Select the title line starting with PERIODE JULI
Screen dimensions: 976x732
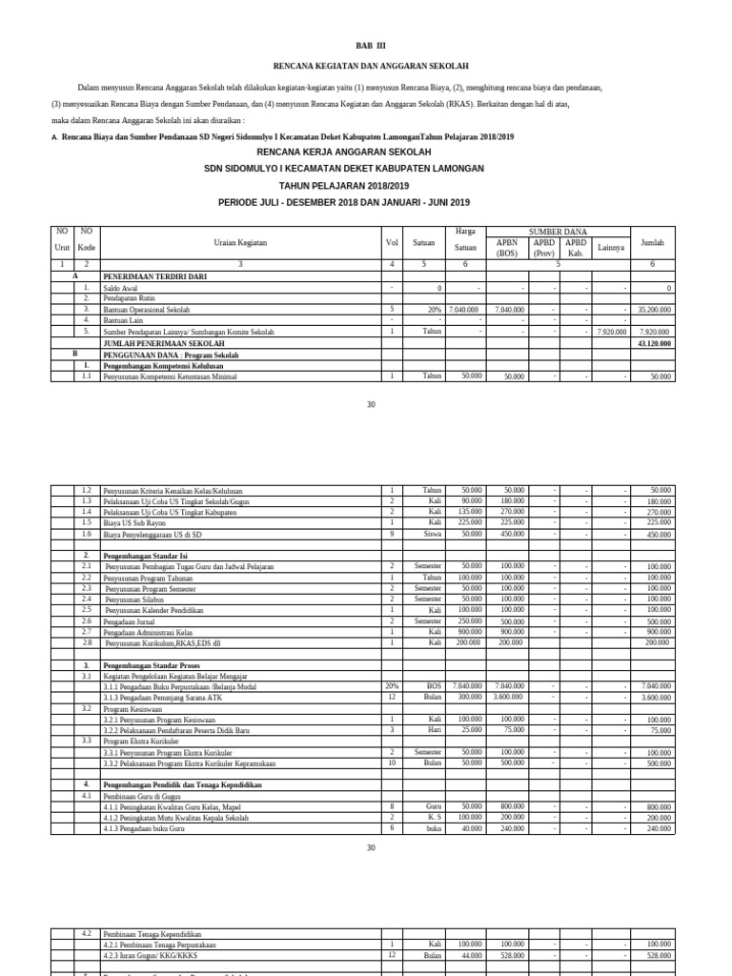tap(344, 202)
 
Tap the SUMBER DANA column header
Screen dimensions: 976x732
tap(558, 232)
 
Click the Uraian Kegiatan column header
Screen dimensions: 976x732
tap(239, 243)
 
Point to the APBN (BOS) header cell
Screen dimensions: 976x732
tap(506, 248)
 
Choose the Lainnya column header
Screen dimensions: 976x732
tap(610, 248)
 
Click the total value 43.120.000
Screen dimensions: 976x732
tap(655, 343)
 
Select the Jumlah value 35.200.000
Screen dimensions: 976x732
tap(655, 310)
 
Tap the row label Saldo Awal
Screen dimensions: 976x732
tap(121, 287)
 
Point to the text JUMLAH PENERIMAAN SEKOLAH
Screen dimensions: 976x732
tap(164, 343)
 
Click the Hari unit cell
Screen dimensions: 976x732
tap(435, 730)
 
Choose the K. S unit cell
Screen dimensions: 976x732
tap(434, 818)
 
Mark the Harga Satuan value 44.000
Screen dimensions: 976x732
tap(471, 955)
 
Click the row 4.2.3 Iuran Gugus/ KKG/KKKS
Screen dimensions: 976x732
tap(157, 955)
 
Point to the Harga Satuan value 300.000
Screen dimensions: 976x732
tap(469, 698)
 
